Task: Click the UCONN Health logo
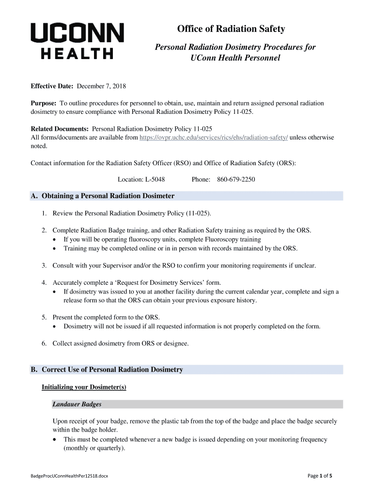(x=78, y=41)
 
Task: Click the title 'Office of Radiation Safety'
(x=231, y=30)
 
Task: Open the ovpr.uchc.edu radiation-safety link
(x=214, y=138)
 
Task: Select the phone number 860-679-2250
(x=236, y=180)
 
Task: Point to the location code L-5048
(x=155, y=180)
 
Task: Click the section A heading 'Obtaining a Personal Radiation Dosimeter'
(x=108, y=196)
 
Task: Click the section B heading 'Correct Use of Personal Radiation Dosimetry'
(x=112, y=370)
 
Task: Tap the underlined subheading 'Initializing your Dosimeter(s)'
(x=84, y=387)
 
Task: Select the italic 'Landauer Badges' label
(x=77, y=404)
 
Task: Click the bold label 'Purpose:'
(x=44, y=103)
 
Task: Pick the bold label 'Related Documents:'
(x=60, y=129)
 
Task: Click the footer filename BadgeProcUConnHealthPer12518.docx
(x=69, y=476)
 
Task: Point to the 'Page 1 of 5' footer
(x=320, y=476)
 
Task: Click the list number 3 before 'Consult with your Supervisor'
(x=44, y=265)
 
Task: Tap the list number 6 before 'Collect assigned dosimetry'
(x=44, y=343)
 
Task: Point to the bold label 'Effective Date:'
(x=52, y=86)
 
